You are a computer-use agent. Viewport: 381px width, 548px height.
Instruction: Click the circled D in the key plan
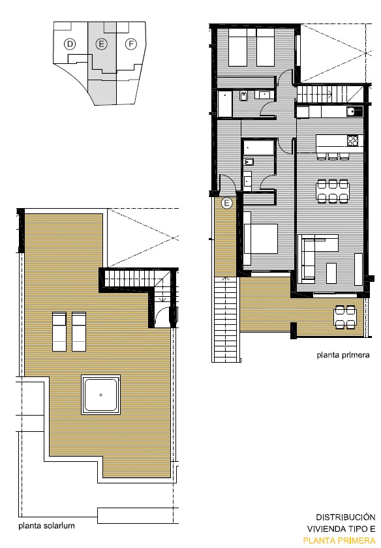pyautogui.click(x=70, y=44)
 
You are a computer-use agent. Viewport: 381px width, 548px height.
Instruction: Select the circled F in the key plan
pyautogui.click(x=131, y=44)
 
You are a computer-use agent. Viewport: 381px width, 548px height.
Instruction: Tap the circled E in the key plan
pyautogui.click(x=101, y=44)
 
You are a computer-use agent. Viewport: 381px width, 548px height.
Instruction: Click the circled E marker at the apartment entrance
pyautogui.click(x=227, y=203)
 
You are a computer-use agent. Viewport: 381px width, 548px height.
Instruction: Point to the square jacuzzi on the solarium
pyautogui.click(x=100, y=395)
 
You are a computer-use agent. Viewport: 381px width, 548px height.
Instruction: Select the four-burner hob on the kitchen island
pyautogui.click(x=352, y=140)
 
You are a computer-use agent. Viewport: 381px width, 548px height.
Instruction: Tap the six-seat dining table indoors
pyautogui.click(x=333, y=191)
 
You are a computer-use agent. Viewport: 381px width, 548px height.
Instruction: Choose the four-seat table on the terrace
pyautogui.click(x=345, y=317)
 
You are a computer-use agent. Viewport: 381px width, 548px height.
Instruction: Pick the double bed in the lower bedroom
pyautogui.click(x=260, y=238)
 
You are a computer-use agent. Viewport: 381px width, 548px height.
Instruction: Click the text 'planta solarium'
pyautogui.click(x=46, y=526)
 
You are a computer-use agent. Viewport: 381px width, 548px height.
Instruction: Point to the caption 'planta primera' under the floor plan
pyautogui.click(x=343, y=355)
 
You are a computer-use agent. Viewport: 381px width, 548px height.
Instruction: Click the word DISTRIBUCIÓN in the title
pyautogui.click(x=345, y=517)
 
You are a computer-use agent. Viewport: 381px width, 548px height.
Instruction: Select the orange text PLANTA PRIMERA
pyautogui.click(x=339, y=541)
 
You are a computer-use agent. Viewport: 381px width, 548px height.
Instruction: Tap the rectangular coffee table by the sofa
pyautogui.click(x=331, y=273)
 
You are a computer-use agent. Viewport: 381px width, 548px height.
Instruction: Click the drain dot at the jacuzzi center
pyautogui.click(x=100, y=395)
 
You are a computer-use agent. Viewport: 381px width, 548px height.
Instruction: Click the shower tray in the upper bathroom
pyautogui.click(x=225, y=104)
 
